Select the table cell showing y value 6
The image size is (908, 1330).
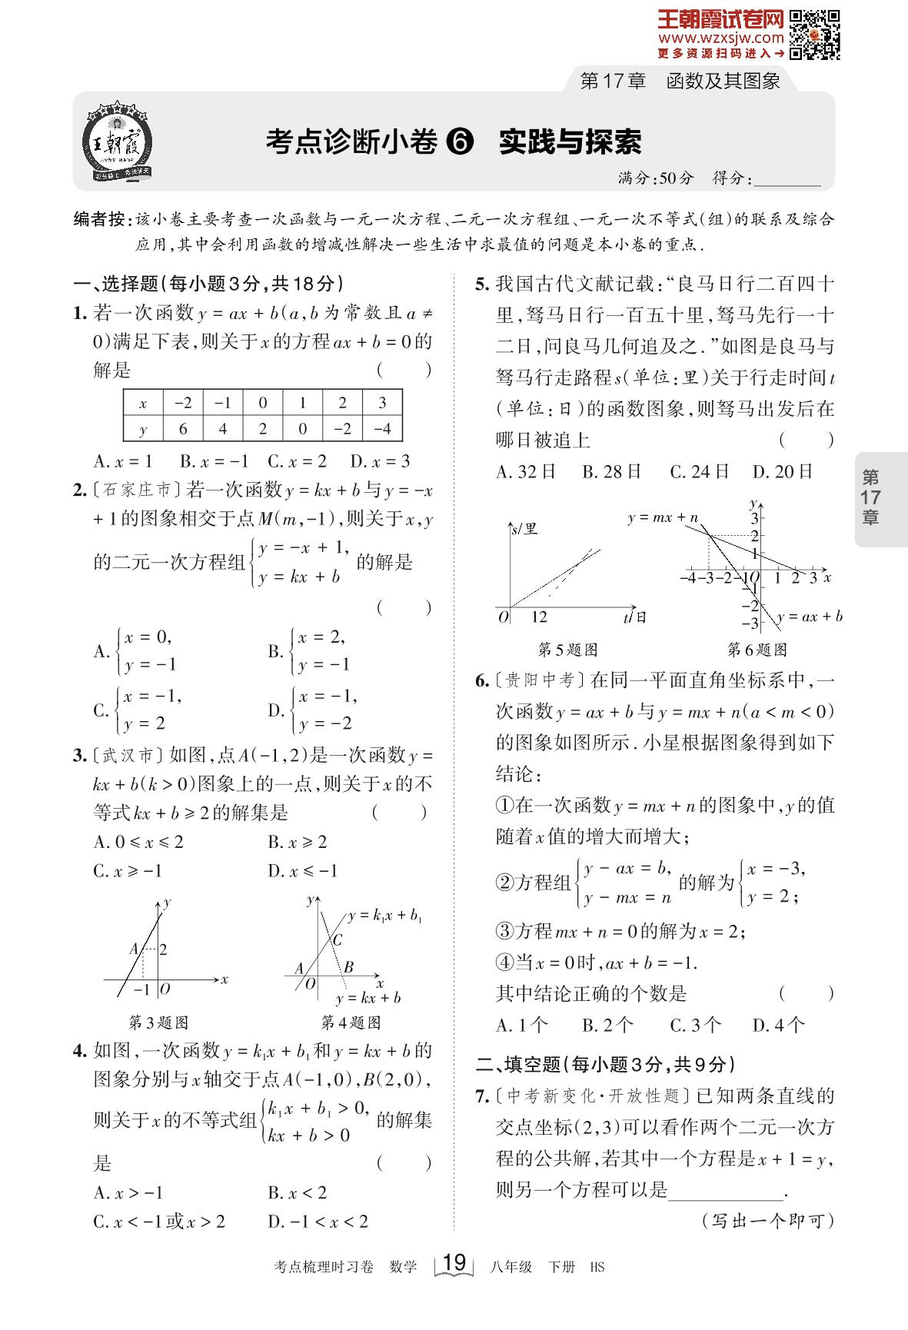click(x=183, y=429)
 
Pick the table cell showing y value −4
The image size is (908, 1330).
click(x=382, y=429)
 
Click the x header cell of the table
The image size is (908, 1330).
click(x=143, y=403)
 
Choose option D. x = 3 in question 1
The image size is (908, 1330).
click(x=380, y=461)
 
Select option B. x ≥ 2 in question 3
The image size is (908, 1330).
click(x=298, y=843)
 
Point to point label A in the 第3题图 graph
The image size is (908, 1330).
click(x=134, y=949)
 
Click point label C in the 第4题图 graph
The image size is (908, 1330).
click(x=336, y=939)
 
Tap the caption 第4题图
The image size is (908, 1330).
click(x=351, y=1022)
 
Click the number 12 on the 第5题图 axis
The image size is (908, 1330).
click(x=539, y=617)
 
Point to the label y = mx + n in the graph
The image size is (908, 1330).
click(x=662, y=517)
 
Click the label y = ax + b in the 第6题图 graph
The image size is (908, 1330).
click(x=810, y=617)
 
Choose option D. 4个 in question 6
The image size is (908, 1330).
click(x=779, y=1025)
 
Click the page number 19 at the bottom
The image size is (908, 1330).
click(x=454, y=1262)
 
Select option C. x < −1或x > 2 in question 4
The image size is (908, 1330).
click(x=159, y=1221)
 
